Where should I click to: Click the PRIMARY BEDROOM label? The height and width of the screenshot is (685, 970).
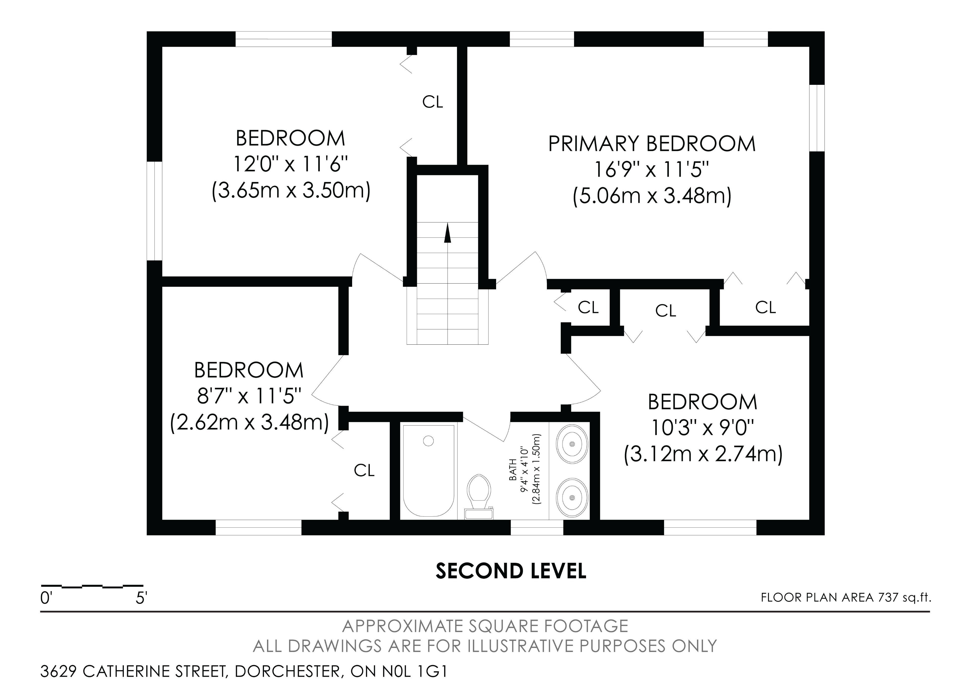652,144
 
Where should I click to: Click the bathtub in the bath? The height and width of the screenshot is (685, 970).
429,471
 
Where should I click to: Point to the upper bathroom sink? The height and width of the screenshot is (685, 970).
572,444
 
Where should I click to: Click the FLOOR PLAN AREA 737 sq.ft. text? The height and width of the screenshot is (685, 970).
846,598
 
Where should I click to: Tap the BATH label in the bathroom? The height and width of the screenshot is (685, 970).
513,470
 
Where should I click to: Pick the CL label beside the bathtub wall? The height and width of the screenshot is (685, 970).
364,470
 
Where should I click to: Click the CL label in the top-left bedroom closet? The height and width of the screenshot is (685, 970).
433,102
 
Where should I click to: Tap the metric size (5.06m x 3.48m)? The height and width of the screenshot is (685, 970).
652,196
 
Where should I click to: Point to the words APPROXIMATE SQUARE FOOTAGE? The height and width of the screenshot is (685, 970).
485,626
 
